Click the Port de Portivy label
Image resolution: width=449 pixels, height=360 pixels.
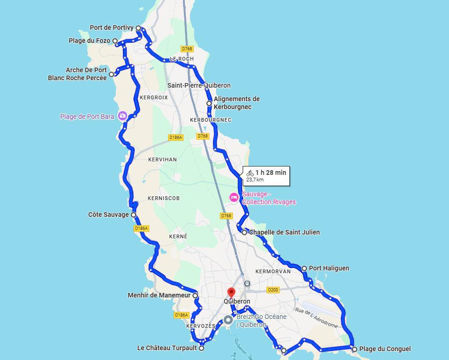coord(112,28)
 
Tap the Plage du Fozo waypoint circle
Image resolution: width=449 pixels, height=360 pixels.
coord(115,41)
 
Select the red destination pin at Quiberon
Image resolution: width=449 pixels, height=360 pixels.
coord(231,293)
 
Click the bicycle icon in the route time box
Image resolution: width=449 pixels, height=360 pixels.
coord(250,173)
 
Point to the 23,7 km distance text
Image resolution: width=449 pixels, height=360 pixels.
coord(255,180)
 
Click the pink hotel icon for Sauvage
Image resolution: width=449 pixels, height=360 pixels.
coord(234,198)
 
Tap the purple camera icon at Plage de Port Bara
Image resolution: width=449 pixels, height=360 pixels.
coord(122,116)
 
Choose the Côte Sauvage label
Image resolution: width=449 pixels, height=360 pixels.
coord(108,215)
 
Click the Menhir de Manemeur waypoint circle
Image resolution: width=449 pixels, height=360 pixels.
coord(195,296)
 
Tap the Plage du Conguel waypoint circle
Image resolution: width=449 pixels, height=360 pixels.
coord(355,349)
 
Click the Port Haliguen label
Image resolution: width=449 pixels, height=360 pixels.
coord(329,269)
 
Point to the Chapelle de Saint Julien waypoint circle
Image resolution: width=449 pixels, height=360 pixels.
coord(245,232)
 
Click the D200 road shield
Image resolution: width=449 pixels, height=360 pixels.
coord(273,290)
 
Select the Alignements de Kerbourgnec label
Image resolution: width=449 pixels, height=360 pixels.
coord(237,103)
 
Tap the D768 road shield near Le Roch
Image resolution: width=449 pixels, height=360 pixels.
coord(187,49)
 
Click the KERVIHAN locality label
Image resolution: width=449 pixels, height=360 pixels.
coord(162,159)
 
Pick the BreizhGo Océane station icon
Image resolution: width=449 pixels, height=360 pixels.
coord(228,320)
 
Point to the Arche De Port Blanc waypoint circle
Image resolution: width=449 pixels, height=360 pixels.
coord(112,74)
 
